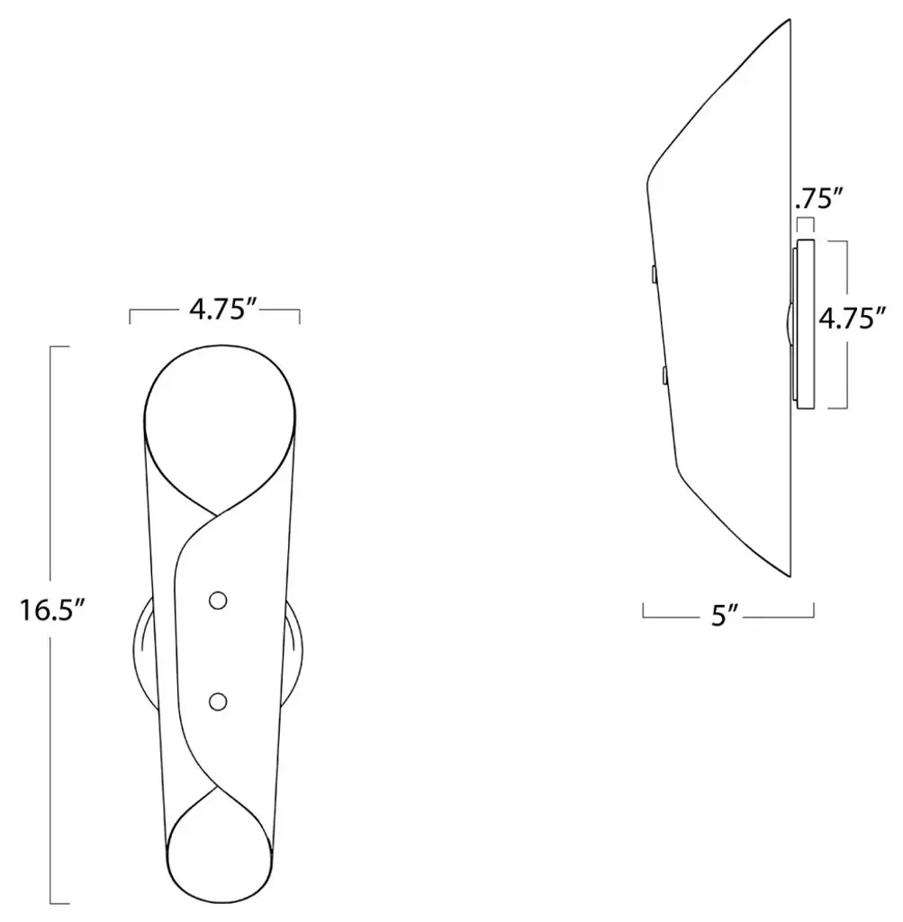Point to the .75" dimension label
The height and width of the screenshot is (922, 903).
[819, 199]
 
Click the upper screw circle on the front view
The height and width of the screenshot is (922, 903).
[218, 601]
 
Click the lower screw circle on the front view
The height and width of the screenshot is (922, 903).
[218, 701]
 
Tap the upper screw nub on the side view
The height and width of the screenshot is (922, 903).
[654, 275]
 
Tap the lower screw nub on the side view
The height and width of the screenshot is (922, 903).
[664, 375]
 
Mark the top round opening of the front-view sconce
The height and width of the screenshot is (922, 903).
[220, 347]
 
